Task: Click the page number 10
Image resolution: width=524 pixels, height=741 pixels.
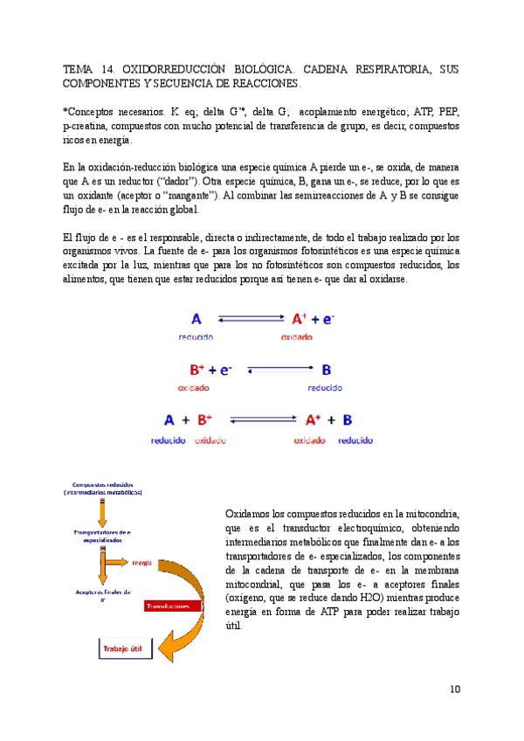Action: (455, 689)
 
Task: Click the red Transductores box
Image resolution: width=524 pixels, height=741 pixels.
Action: (173, 606)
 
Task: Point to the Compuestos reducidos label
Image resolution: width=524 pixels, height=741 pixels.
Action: (103, 488)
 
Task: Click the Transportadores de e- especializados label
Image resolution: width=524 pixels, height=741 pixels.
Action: (103, 536)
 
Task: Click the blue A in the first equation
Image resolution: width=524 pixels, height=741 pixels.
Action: (196, 320)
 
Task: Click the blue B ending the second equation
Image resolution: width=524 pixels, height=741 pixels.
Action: (327, 370)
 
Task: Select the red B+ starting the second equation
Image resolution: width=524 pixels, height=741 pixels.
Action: (197, 370)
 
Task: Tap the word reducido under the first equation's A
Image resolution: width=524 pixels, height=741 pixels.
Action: (196, 337)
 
